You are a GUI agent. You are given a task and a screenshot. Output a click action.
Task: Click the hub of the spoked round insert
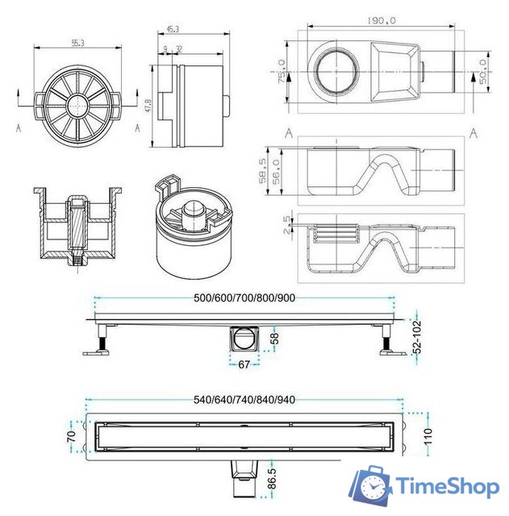tap(77, 105)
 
